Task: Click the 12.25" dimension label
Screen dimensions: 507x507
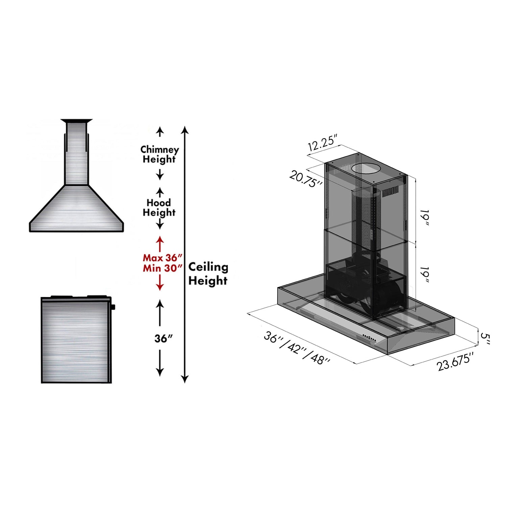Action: pyautogui.click(x=323, y=143)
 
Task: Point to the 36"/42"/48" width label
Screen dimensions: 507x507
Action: pyautogui.click(x=297, y=348)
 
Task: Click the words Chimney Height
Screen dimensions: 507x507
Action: pyautogui.click(x=160, y=154)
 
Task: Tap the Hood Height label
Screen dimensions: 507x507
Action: pyautogui.click(x=159, y=207)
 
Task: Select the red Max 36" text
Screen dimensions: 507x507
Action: pyautogui.click(x=163, y=258)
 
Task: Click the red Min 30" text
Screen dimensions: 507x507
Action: pyautogui.click(x=163, y=268)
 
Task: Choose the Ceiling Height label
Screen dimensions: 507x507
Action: pyautogui.click(x=208, y=273)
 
